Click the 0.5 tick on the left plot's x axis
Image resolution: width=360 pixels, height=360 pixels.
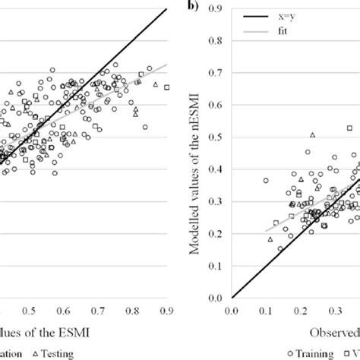point(30,311)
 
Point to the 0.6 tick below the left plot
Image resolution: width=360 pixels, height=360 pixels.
point(64,311)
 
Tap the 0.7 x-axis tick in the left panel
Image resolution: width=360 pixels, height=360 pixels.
point(98,311)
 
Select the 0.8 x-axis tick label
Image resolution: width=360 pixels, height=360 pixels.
point(132,311)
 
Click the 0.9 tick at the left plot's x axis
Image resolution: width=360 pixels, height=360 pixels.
point(166,311)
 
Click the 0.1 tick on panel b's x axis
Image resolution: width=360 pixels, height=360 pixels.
point(265,311)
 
